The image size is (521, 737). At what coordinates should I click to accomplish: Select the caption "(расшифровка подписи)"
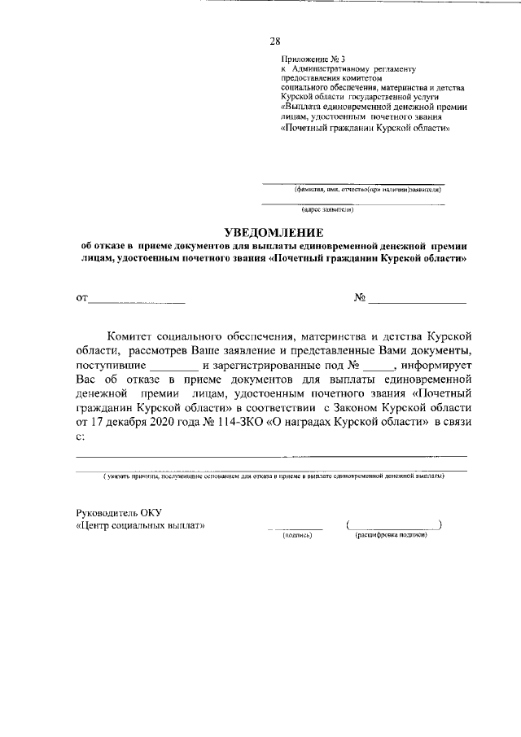coord(392,535)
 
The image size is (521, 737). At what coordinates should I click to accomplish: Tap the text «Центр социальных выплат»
coord(139,525)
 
